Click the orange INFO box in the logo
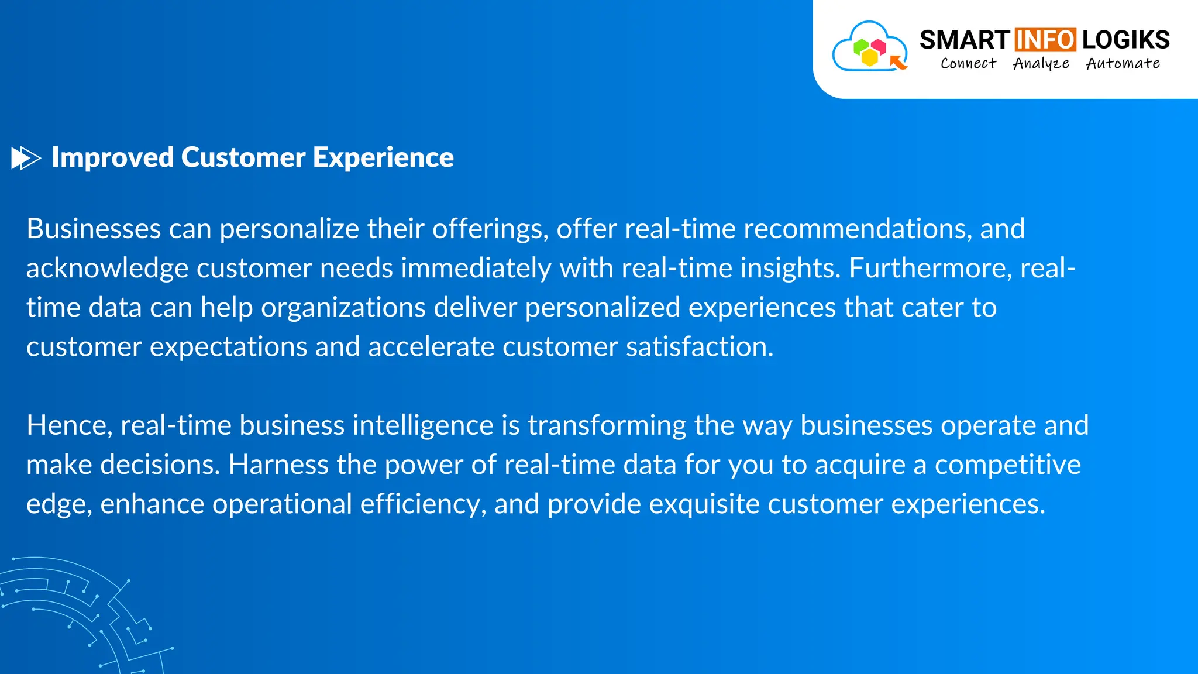(x=1045, y=40)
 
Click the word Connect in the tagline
(x=968, y=63)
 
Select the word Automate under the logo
(x=1123, y=63)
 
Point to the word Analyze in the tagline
(x=1041, y=63)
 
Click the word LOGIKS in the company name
(x=1125, y=40)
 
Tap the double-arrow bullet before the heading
(x=26, y=158)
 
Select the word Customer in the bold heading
(x=243, y=157)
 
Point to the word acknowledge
(x=107, y=269)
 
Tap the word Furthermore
(x=931, y=268)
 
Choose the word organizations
(x=343, y=308)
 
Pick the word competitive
(x=1007, y=465)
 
